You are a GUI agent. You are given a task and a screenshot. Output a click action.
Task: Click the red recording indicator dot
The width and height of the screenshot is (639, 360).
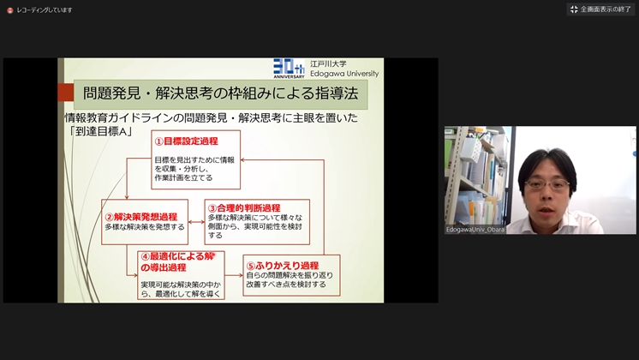click(9, 10)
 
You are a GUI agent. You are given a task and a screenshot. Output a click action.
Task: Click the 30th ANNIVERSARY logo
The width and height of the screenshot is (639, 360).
click(289, 68)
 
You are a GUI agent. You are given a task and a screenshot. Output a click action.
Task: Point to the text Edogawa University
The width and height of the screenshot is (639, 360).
click(344, 74)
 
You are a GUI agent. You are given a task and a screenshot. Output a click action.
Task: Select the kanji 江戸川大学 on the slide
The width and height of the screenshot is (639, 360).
click(328, 63)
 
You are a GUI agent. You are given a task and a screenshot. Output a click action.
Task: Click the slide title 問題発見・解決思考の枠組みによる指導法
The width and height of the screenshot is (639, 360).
click(220, 93)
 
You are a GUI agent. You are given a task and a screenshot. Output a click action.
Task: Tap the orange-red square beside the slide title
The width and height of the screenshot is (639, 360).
click(66, 92)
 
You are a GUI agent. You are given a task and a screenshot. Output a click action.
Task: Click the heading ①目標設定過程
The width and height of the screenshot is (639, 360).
click(186, 141)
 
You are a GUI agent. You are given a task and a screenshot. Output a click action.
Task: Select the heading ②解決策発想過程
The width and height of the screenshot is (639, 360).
click(141, 217)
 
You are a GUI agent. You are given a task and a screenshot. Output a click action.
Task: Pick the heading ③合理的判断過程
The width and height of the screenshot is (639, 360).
click(244, 208)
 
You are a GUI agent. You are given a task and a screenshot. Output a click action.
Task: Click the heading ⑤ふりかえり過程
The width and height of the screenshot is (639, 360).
click(283, 266)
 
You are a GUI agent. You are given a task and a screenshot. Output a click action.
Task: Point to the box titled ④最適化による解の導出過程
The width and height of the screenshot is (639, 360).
click(181, 275)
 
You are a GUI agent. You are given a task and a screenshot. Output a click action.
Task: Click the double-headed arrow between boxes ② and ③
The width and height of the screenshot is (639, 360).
click(196, 222)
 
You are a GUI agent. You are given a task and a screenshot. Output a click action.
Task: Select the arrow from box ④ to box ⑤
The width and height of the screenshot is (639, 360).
click(234, 275)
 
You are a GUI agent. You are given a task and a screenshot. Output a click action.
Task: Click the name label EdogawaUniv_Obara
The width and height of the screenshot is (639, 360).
click(475, 230)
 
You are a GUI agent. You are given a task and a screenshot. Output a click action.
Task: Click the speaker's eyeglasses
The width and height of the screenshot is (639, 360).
click(546, 185)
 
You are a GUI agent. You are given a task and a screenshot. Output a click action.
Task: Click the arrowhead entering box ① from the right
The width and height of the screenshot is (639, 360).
click(243, 160)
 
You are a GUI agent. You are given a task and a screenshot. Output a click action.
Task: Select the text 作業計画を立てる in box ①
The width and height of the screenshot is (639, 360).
click(183, 177)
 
